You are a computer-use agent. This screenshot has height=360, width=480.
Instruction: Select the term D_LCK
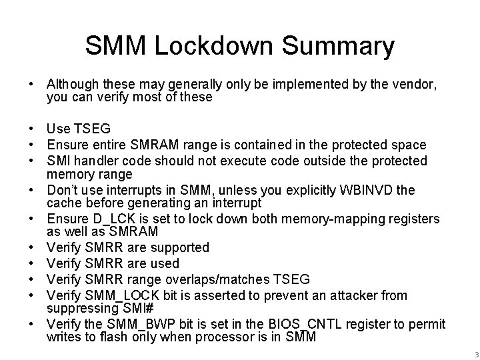105,219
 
